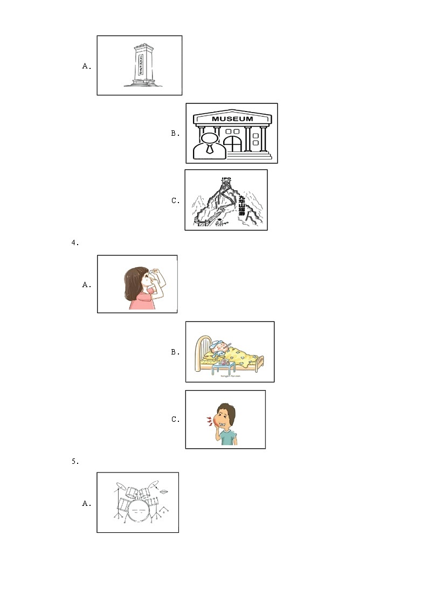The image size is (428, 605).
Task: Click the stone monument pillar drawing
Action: pos(140,65)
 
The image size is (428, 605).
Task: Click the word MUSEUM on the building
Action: pos(232,119)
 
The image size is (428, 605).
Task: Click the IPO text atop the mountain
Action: pos(226,178)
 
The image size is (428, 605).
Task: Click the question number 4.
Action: pos(75,242)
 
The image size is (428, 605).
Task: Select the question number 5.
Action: pos(75,461)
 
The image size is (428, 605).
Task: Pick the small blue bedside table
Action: pos(223,369)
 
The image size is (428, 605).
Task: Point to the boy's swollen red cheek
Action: pos(219,423)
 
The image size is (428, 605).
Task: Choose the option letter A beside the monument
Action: pos(86,66)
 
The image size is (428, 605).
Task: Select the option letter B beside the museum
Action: pos(175,134)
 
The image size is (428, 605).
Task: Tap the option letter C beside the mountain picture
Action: pos(175,201)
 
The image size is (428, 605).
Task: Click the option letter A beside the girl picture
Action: pos(86,285)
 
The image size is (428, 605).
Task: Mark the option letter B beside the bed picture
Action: pos(175,352)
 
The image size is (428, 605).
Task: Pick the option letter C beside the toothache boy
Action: pos(175,420)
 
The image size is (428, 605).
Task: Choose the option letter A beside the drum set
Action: pos(86,504)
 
